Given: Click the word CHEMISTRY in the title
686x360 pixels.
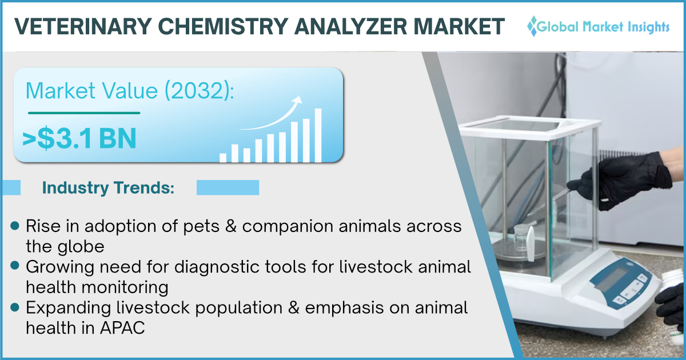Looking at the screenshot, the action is click(223, 26).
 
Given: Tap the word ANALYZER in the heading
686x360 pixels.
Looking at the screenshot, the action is click(350, 26).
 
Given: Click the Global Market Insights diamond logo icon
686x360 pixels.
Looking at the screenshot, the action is click(533, 26).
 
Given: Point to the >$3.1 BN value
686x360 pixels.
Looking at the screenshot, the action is click(79, 138).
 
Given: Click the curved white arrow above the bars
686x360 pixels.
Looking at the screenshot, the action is click(271, 113).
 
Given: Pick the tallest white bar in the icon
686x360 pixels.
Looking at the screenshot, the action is click(318, 135).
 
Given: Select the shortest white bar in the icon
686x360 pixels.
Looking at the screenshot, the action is click(223, 158).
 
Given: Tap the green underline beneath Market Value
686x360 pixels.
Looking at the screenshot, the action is click(84, 113).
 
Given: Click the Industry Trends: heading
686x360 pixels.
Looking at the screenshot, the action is click(108, 187).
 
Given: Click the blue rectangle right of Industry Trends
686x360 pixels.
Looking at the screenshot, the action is click(228, 187).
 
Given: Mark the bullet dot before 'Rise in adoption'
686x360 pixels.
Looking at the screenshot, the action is click(15, 226).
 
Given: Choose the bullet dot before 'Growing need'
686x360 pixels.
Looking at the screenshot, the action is click(15, 265).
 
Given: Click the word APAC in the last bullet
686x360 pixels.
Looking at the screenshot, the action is click(122, 328).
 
